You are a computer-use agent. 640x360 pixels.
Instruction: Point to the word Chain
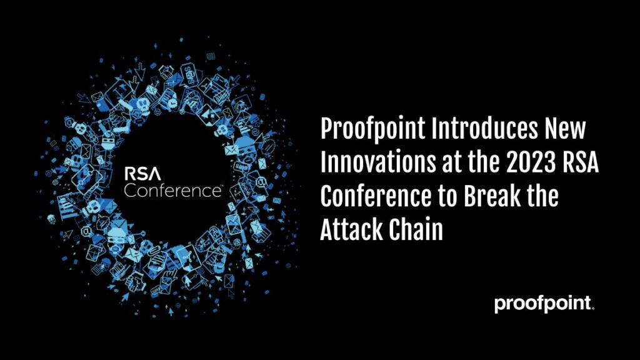tap(413, 229)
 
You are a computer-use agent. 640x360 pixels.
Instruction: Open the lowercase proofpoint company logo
tap(543, 304)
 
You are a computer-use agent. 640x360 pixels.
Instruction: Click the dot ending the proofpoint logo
tap(592, 309)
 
